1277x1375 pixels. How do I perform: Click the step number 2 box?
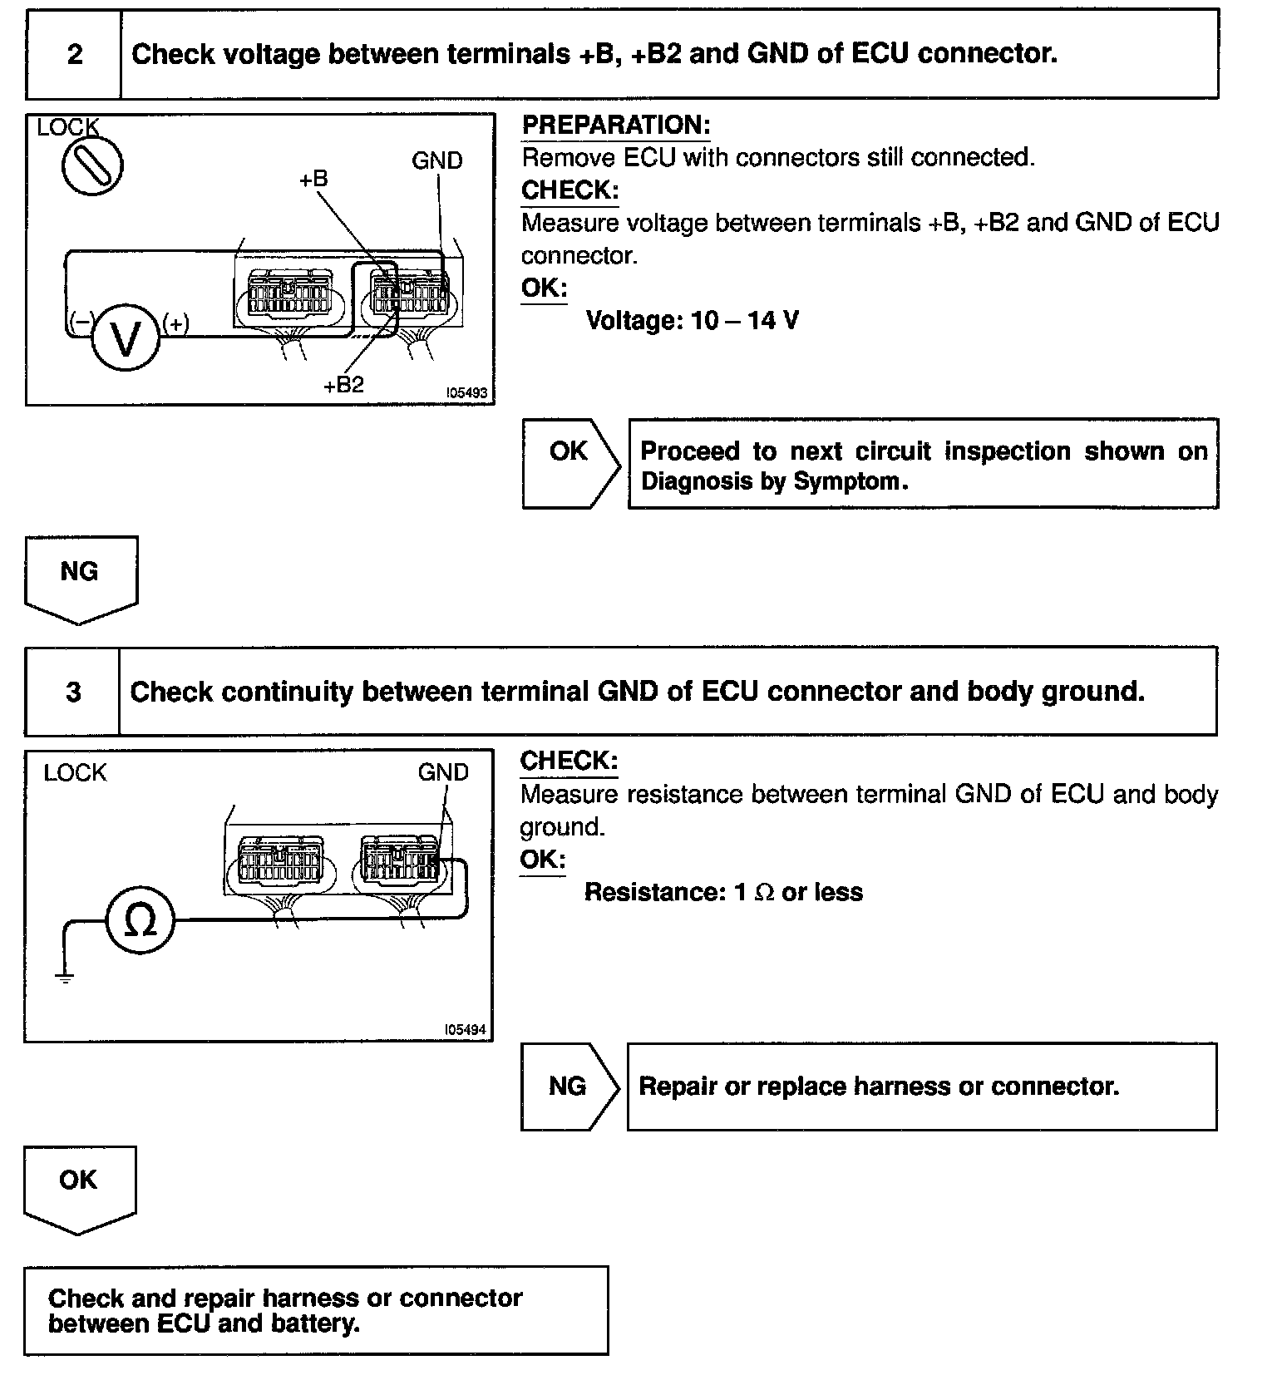pos(74,55)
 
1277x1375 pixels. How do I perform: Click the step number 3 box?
pos(73,692)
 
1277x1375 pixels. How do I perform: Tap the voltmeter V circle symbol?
pos(126,337)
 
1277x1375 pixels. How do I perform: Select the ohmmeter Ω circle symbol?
pos(141,919)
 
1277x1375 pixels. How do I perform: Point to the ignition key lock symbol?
pos(92,165)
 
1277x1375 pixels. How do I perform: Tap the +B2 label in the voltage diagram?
pos(343,385)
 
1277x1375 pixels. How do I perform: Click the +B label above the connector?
pos(313,179)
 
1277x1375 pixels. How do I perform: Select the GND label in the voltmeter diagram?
pos(436,160)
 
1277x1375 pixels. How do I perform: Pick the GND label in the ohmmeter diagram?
pos(443,772)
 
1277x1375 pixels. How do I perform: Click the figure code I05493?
pos(466,392)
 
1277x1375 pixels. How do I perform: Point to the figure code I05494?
pos(466,1029)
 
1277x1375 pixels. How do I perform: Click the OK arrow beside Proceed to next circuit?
pos(570,463)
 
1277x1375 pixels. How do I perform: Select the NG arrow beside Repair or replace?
pos(569,1087)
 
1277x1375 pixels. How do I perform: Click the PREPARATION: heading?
pos(616,126)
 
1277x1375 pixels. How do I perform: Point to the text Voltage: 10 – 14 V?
pos(692,320)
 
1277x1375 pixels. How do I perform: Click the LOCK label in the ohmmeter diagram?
pos(75,772)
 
